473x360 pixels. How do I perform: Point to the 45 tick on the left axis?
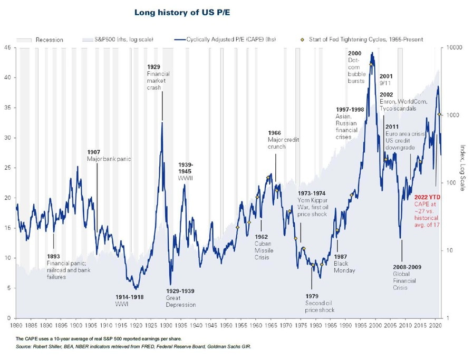[x=8, y=47]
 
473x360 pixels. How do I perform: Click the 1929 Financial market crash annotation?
[x=158, y=77]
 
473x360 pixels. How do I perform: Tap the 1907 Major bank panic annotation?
[x=109, y=155]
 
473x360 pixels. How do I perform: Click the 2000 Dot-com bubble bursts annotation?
[x=356, y=67]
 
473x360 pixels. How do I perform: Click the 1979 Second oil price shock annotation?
[x=320, y=303]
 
